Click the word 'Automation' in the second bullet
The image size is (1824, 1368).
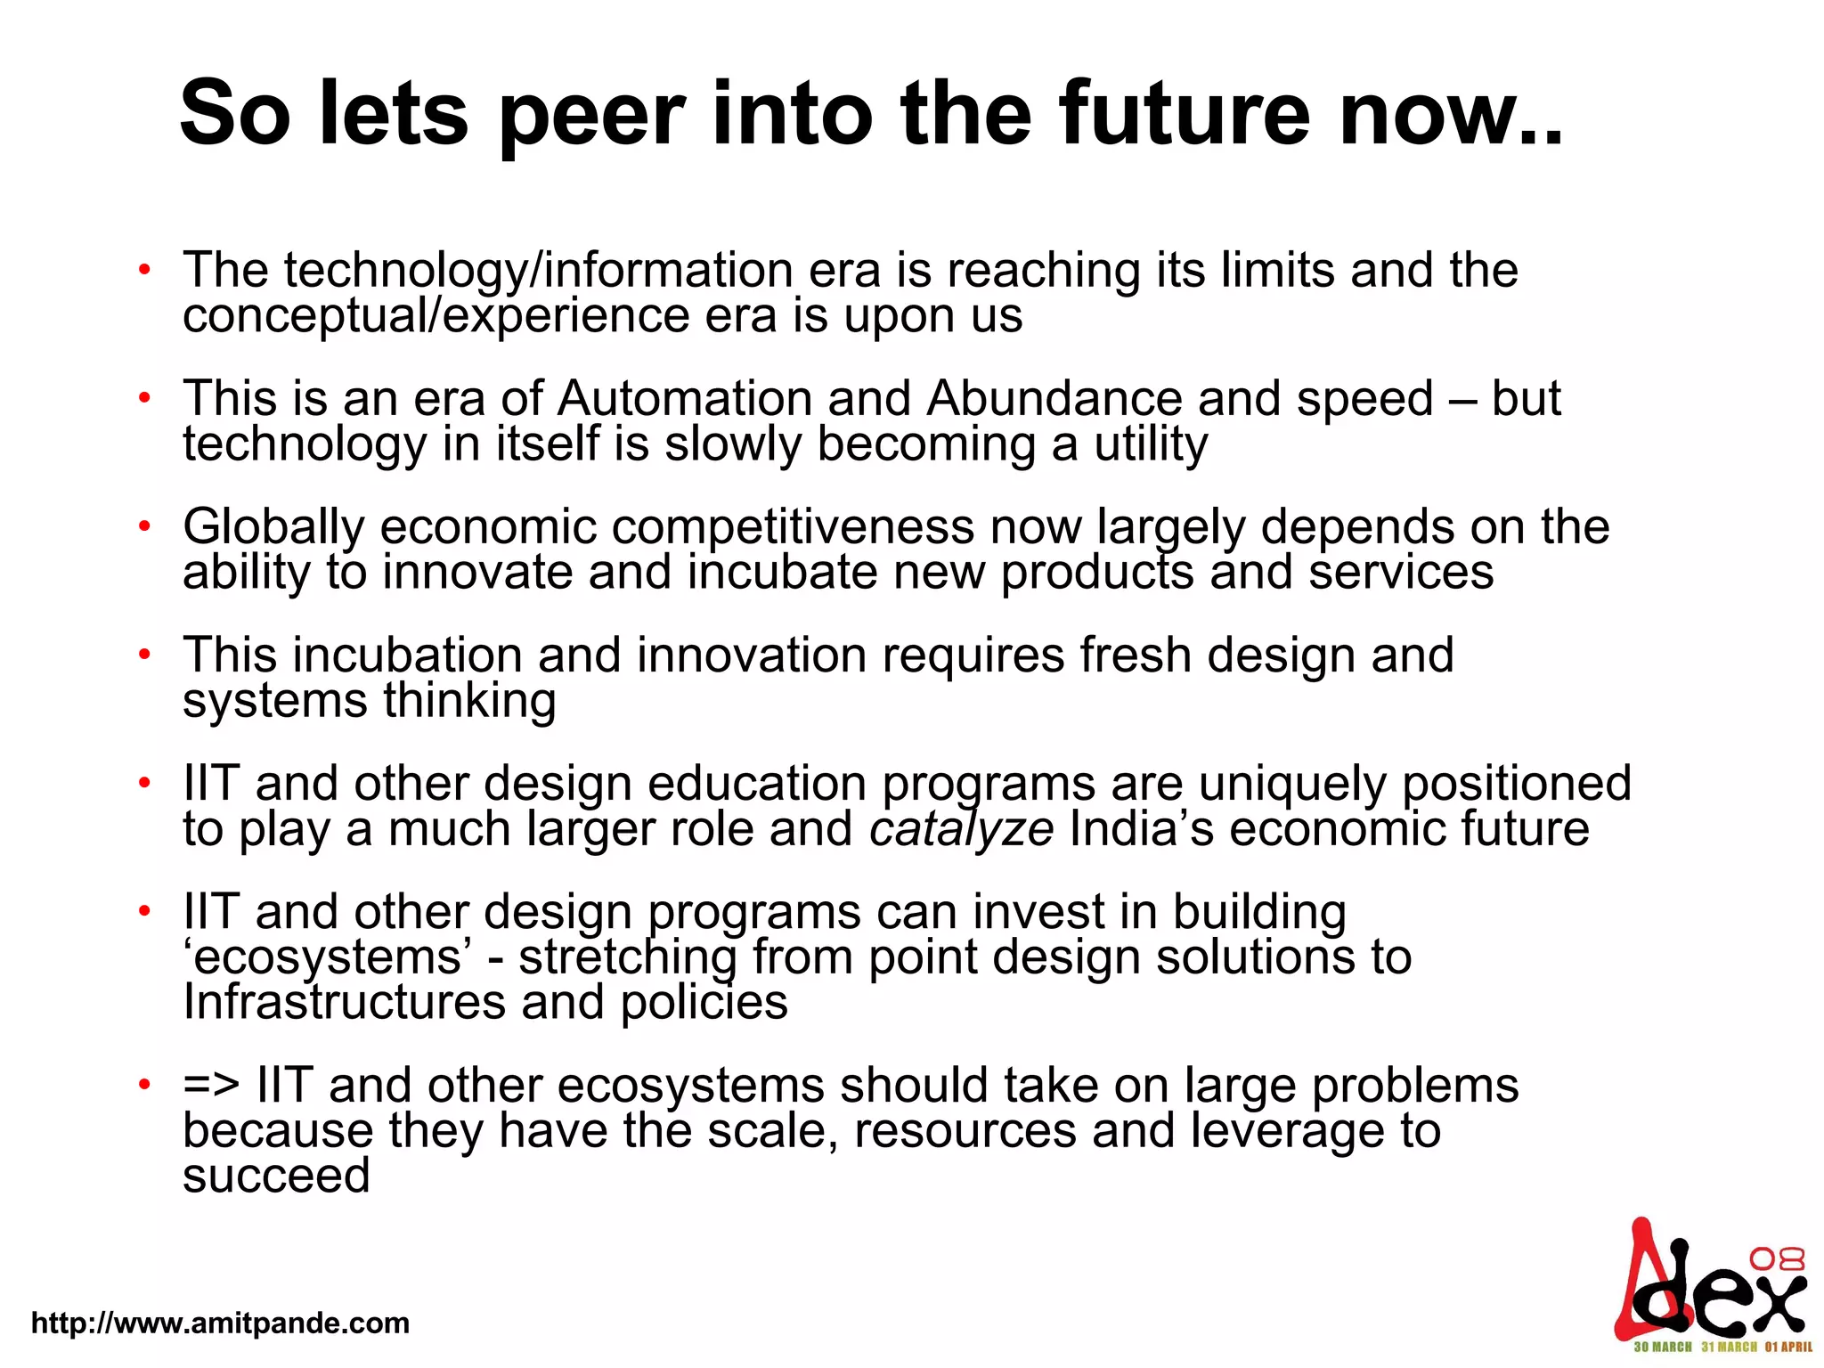685,398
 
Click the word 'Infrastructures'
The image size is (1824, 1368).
344,1003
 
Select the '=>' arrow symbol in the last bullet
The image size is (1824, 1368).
211,1086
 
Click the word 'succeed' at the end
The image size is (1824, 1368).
276,1176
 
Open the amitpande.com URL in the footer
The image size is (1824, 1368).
220,1323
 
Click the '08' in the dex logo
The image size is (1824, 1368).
1777,1258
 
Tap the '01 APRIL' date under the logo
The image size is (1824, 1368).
1788,1348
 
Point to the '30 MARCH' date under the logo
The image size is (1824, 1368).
1663,1348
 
